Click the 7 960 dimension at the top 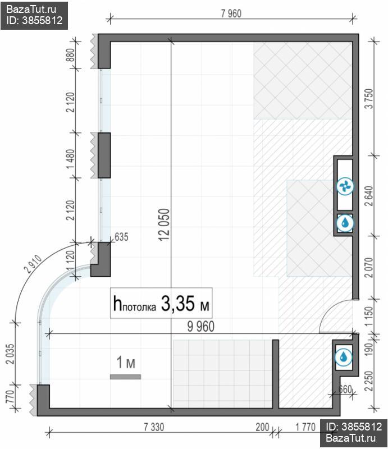tap(231, 13)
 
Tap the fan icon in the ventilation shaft tap(345, 187)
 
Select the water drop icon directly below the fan tap(345, 223)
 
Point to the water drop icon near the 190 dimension tap(343, 358)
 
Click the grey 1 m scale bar tap(126, 377)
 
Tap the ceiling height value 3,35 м tap(185, 304)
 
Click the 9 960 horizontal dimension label tap(201, 327)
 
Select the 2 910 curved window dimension tap(33, 264)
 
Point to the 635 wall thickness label tap(121, 237)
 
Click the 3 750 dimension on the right tap(370, 99)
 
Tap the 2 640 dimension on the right tap(369, 196)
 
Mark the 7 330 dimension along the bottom tap(154, 427)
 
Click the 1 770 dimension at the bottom tap(305, 427)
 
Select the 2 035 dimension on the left tap(10, 354)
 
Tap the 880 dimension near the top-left tap(70, 55)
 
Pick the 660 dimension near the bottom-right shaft tap(345, 389)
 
